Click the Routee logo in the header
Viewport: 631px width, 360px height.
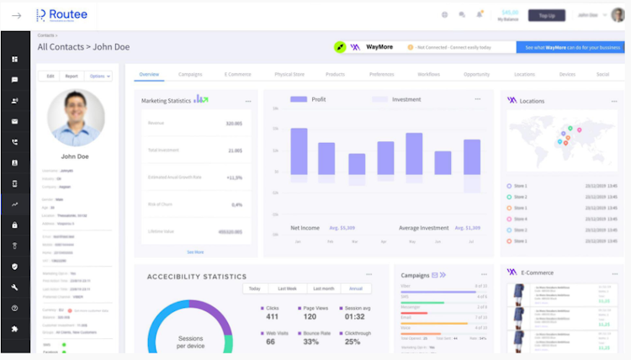pyautogui.click(x=61, y=14)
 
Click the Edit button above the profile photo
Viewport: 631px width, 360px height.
pyautogui.click(x=50, y=76)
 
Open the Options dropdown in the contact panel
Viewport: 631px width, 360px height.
pyautogui.click(x=99, y=76)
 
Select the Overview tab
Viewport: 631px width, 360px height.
pyautogui.click(x=149, y=74)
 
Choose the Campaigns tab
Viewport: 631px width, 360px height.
pyautogui.click(x=190, y=74)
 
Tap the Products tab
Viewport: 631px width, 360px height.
pyautogui.click(x=335, y=74)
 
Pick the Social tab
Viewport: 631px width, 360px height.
pyautogui.click(x=602, y=74)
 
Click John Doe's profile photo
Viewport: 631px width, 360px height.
pyautogui.click(x=77, y=118)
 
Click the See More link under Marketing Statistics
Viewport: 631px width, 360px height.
pyautogui.click(x=195, y=251)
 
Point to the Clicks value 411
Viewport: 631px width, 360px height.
pyautogui.click(x=272, y=316)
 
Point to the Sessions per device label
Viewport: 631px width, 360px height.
pyautogui.click(x=190, y=341)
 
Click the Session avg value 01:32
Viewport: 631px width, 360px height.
pyautogui.click(x=354, y=316)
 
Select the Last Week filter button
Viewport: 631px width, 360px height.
pyautogui.click(x=287, y=289)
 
